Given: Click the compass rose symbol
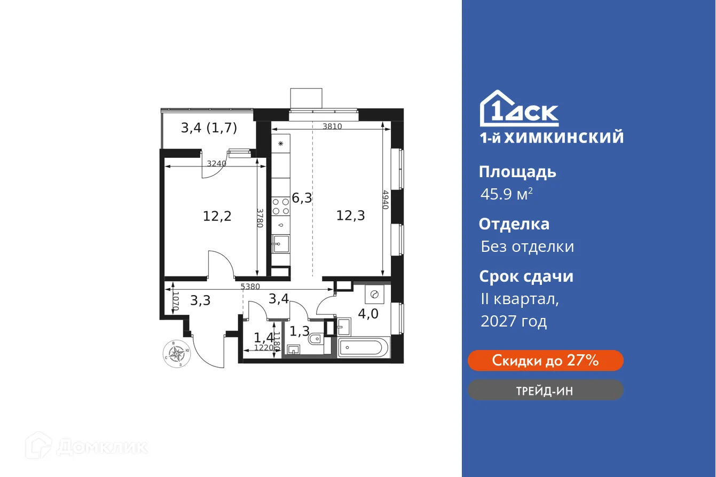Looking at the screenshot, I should [176, 353].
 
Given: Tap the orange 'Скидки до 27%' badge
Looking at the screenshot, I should [545, 361].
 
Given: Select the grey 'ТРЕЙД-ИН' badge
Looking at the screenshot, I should [545, 391].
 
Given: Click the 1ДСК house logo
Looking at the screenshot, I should [518, 108].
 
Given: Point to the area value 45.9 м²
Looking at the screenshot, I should [506, 194].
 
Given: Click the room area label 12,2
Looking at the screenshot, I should [217, 216].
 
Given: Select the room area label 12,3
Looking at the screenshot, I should [350, 216].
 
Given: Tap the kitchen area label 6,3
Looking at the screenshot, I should [302, 198].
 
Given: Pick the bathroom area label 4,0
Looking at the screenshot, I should [368, 313].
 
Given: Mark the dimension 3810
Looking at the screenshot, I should [332, 126].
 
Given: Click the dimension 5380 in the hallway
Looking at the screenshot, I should [250, 287].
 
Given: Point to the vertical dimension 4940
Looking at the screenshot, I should [385, 199].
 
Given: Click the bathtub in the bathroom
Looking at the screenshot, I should [360, 348].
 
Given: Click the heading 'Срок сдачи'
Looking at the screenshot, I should [526, 276].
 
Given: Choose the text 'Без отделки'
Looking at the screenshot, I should [527, 247].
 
